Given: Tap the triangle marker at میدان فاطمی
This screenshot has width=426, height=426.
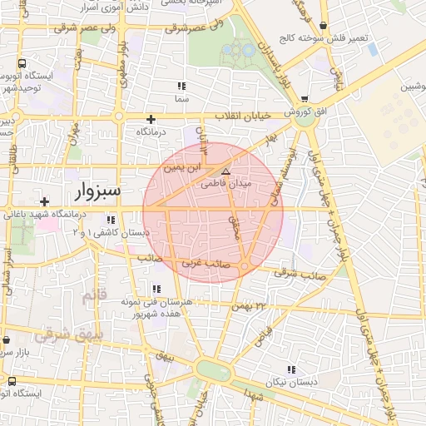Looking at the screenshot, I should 225,171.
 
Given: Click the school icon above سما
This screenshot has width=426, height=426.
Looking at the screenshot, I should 181,87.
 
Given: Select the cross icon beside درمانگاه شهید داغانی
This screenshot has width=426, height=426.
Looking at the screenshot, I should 44,201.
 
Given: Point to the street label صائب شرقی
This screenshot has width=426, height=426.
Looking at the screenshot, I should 297,272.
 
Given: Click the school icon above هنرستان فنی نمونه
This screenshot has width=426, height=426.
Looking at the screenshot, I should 156,290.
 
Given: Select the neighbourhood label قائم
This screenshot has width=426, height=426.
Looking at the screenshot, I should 96,295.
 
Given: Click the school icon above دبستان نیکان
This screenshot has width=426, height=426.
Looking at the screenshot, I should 290,369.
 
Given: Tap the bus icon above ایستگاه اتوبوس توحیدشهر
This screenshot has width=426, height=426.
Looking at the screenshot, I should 21,63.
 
